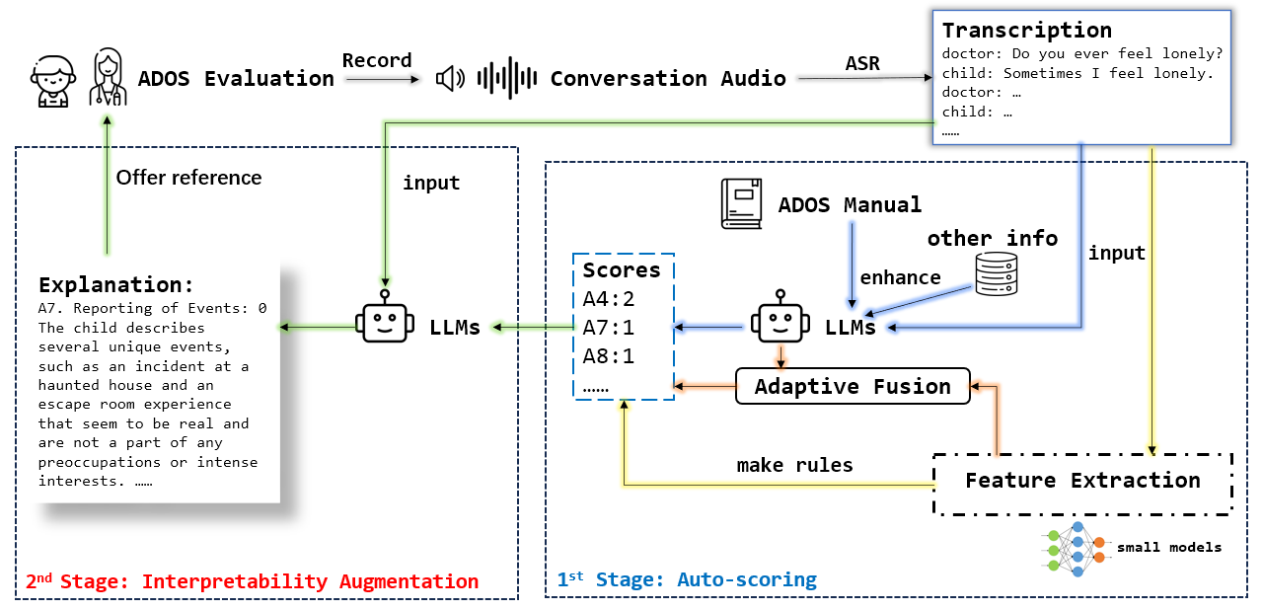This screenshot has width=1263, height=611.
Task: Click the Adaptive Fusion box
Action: pos(853,386)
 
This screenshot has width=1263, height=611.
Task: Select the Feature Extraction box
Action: pos(1082,482)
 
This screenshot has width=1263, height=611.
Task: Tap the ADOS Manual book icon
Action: pos(743,203)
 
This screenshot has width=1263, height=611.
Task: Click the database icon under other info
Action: pos(995,273)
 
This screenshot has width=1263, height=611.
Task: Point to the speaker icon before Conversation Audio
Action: pos(450,78)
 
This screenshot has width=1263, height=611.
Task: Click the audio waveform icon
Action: pos(507,78)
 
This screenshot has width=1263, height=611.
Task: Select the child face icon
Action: pos(48,78)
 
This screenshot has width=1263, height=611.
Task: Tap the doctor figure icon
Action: pos(107,78)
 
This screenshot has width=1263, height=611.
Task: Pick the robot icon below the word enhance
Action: pos(780,318)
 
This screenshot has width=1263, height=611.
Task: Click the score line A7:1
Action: pos(609,326)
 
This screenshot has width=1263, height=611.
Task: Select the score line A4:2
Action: pos(609,298)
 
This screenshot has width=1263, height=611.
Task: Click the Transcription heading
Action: pos(1026,30)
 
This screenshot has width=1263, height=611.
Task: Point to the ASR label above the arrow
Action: pos(863,63)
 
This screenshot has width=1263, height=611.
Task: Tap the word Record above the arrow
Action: pos(376,60)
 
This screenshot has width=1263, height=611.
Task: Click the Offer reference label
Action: pos(188,178)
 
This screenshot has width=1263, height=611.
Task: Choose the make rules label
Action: pos(794,464)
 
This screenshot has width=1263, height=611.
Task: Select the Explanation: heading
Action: pos(116,285)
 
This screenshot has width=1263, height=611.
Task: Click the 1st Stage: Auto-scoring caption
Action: pos(687,580)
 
